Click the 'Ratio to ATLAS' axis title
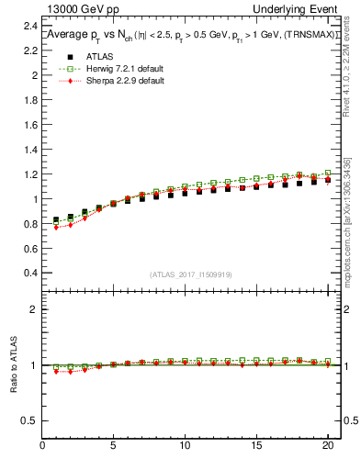coord(13,364)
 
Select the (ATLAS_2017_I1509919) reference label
coord(191,274)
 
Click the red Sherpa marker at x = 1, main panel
coord(56,227)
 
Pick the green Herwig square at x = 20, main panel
coord(327,173)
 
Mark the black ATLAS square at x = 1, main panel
coord(56,220)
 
